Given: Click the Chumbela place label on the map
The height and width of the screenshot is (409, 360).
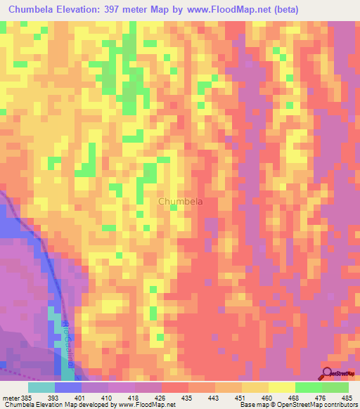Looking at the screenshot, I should click(x=181, y=202).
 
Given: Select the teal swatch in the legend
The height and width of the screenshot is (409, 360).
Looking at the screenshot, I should click(x=41, y=387).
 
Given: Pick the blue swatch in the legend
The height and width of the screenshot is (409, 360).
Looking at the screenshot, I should click(x=67, y=387).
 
